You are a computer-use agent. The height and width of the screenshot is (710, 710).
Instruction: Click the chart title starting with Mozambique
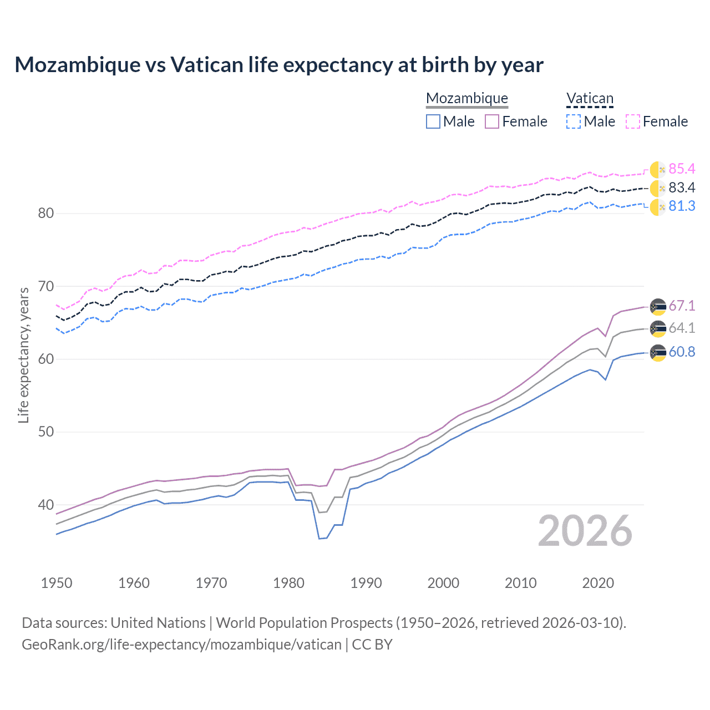point(278,65)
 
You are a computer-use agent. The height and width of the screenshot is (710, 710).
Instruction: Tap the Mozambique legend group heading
point(467,99)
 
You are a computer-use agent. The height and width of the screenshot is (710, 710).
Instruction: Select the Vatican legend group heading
point(590,99)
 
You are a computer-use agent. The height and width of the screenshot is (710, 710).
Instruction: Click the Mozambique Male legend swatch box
point(433,121)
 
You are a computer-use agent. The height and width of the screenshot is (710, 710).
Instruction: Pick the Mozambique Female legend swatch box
point(492,121)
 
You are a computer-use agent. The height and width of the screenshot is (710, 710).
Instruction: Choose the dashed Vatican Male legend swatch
point(574,121)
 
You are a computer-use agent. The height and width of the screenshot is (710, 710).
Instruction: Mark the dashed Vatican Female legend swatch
point(633,121)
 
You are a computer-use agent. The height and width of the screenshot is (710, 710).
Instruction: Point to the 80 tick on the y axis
point(45,214)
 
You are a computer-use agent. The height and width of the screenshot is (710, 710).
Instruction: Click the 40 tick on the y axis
point(45,505)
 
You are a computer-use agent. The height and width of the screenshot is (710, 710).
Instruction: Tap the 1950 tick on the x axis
point(57,583)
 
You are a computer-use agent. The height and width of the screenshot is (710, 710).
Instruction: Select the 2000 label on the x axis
point(443,583)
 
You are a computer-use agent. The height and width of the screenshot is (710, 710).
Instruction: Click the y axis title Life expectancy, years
point(23,355)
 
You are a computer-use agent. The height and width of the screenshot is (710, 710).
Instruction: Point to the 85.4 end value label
point(682,169)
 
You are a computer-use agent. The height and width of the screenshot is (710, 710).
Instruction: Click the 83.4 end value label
point(682,188)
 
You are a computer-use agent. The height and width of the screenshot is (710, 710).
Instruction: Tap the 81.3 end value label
point(682,206)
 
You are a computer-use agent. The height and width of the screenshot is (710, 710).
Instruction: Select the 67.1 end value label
point(682,306)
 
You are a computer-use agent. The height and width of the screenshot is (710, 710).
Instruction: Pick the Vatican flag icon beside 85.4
point(658,170)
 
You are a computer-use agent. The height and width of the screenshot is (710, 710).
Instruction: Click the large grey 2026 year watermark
point(585,531)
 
